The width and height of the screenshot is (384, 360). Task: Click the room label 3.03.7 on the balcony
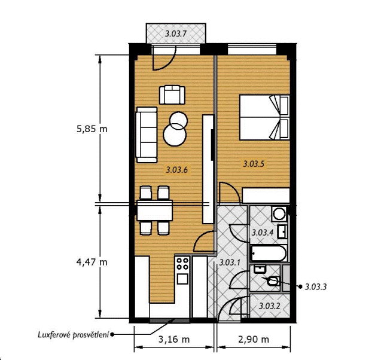pyautogui.click(x=176, y=33)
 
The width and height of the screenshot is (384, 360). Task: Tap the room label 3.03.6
pyautogui.click(x=177, y=169)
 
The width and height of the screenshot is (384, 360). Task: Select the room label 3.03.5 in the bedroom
pyautogui.click(x=254, y=164)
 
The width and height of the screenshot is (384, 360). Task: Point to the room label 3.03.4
pyautogui.click(x=263, y=232)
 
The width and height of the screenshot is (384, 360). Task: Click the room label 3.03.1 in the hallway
pyautogui.click(x=230, y=263)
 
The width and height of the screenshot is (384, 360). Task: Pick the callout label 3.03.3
pyautogui.click(x=316, y=287)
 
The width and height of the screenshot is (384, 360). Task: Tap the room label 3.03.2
pyautogui.click(x=269, y=306)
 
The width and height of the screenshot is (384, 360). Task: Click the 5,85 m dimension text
pyautogui.click(x=92, y=129)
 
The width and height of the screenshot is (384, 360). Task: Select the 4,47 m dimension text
pyautogui.click(x=92, y=263)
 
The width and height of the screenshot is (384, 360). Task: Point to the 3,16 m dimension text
pyautogui.click(x=174, y=340)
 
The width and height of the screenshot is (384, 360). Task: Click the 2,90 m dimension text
pyautogui.click(x=254, y=340)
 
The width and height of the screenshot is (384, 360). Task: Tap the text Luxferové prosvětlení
pyautogui.click(x=73, y=335)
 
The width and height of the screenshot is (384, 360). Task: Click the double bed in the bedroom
pyautogui.click(x=264, y=117)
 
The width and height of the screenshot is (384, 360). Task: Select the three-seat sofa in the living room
pyautogui.click(x=147, y=135)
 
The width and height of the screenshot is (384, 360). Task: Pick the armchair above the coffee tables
pyautogui.click(x=172, y=94)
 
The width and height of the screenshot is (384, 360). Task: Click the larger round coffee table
pyautogui.click(x=175, y=135)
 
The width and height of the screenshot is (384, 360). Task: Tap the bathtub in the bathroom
pyautogui.click(x=269, y=253)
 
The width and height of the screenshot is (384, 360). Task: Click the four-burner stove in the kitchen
pyautogui.click(x=182, y=264)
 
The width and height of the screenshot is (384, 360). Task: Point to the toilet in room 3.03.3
pyautogui.click(x=273, y=281)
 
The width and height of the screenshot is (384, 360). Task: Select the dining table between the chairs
pyautogui.click(x=154, y=210)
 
